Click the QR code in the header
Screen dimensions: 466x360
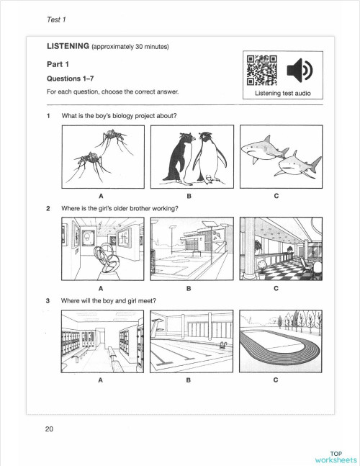click(259, 71)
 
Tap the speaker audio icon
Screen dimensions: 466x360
click(300, 71)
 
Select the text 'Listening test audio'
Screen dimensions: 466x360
click(280, 93)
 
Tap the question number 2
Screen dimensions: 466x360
click(48, 209)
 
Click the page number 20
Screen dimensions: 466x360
click(49, 430)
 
